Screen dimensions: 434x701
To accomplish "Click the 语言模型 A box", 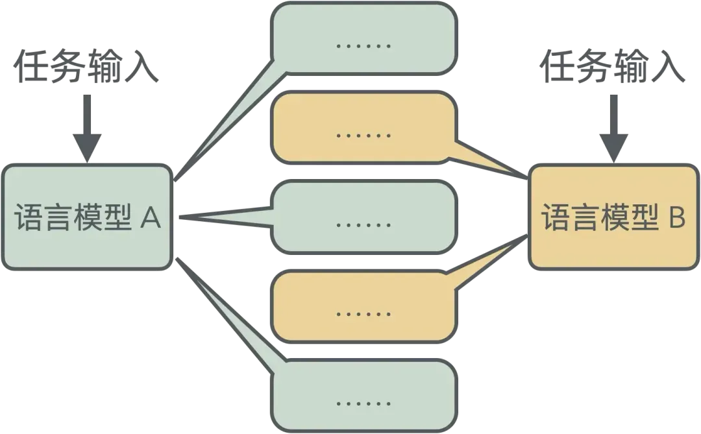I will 87,217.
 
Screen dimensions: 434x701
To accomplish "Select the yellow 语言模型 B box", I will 613,217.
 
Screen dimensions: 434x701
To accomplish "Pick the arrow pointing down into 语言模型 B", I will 613,129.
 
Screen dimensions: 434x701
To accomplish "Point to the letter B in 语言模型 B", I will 676,218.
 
